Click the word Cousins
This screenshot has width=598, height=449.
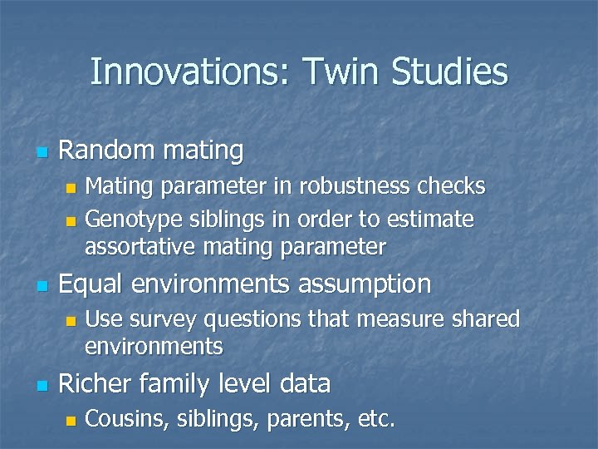click(125, 419)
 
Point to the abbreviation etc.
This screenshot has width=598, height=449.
click(375, 419)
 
